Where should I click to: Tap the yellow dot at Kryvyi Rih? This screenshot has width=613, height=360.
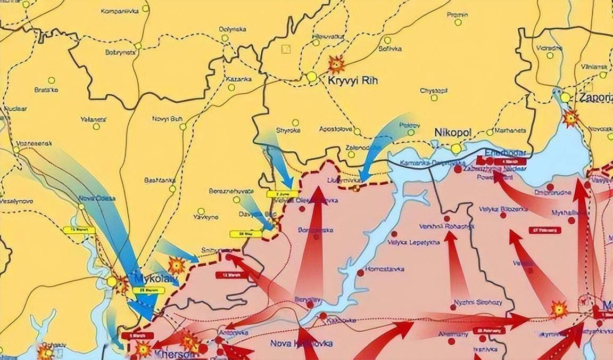coord(312,77)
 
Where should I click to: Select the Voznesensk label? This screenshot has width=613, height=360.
coord(34,144)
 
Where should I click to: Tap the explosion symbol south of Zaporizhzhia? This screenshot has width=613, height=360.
coord(571,118)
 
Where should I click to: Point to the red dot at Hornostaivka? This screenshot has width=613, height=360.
coord(360,272)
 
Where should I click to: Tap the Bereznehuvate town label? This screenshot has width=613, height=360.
coord(231,191)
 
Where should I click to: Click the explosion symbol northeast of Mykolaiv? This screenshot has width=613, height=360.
coord(176,265)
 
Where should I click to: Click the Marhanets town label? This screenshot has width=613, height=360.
coord(510,130)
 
